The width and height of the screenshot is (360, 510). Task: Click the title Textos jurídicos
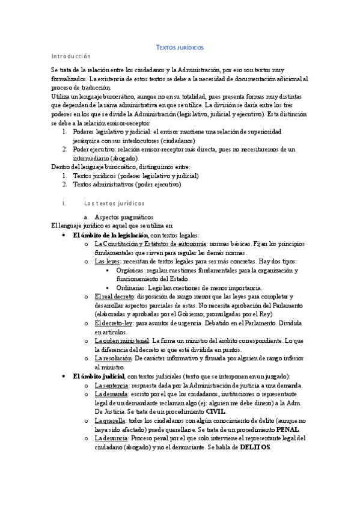(x=180, y=47)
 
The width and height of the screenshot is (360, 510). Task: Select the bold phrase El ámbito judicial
(x=98, y=376)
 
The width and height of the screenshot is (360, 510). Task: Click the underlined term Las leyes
(x=108, y=262)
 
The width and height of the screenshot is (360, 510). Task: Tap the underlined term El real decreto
(x=115, y=297)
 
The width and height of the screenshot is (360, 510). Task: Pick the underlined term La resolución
(x=113, y=358)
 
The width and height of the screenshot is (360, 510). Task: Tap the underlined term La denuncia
(x=111, y=438)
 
